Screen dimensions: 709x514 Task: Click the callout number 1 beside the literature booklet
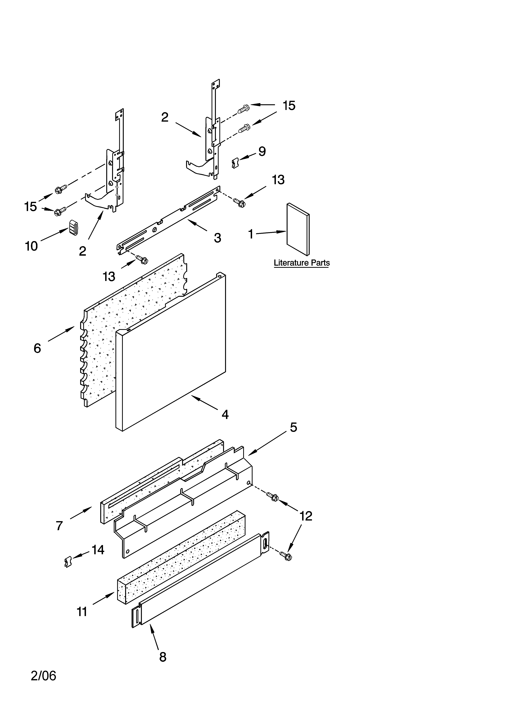pos(250,234)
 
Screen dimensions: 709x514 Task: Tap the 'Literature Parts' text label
pos(302,263)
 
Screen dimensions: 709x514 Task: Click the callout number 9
pos(262,152)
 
